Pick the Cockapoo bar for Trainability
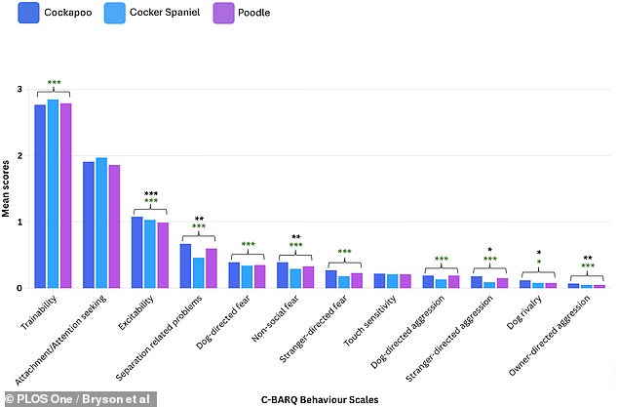[40, 196]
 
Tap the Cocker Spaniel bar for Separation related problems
[199, 272]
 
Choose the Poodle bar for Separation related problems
[212, 268]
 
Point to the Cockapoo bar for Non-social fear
[283, 275]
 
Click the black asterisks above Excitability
[150, 193]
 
